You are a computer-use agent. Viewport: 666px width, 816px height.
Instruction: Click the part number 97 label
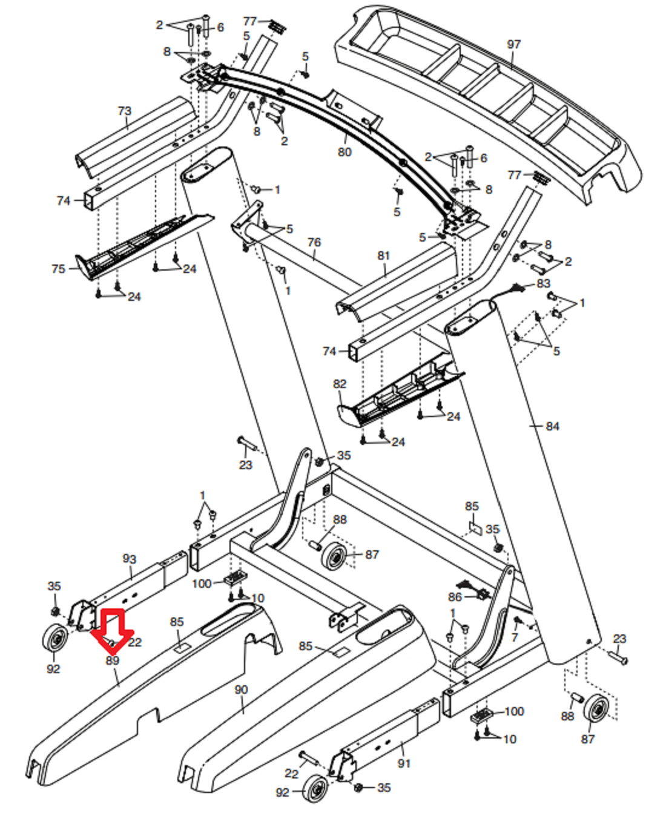tap(513, 45)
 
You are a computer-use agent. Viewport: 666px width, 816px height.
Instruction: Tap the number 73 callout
tap(124, 111)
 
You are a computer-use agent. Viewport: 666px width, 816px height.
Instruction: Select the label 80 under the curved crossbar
tap(345, 152)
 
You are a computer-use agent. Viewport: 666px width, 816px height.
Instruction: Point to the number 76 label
tap(314, 243)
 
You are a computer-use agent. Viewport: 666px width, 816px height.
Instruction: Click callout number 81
tap(383, 255)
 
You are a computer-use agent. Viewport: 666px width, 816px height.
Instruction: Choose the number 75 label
tap(59, 269)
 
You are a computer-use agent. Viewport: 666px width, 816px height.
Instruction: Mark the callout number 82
tap(340, 384)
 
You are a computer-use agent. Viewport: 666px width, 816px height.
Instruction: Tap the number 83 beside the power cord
tap(543, 284)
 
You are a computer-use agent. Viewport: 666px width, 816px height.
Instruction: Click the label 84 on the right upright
tap(552, 426)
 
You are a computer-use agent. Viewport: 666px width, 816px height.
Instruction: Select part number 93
tap(129, 559)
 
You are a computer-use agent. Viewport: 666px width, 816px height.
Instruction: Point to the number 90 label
tap(241, 689)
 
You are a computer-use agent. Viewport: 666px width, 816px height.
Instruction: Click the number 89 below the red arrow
tap(112, 660)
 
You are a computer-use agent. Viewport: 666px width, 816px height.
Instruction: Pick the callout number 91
tap(404, 763)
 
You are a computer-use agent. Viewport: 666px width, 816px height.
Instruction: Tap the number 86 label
tap(455, 597)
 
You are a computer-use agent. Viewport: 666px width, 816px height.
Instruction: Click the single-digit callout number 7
tap(514, 637)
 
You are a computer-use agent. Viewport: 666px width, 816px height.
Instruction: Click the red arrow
tap(112, 631)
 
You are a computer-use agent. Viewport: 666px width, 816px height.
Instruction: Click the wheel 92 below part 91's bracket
tap(315, 788)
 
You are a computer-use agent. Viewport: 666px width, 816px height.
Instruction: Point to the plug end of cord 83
tap(517, 288)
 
